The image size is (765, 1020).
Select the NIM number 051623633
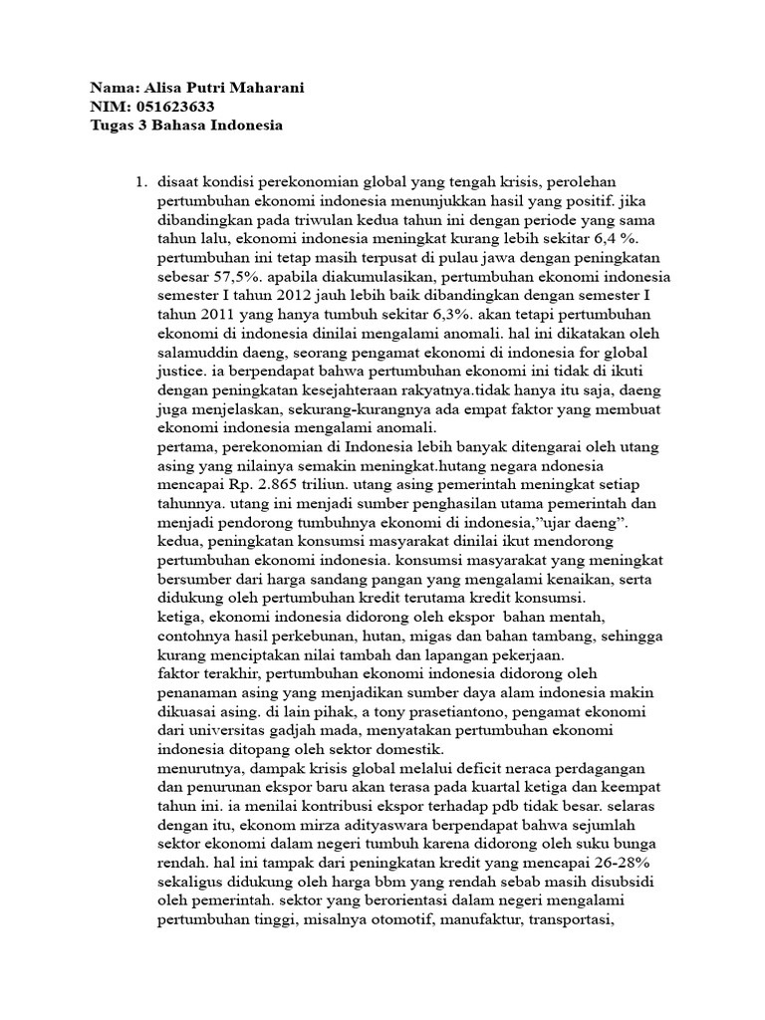(171, 107)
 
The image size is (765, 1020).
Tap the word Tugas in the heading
(112, 126)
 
